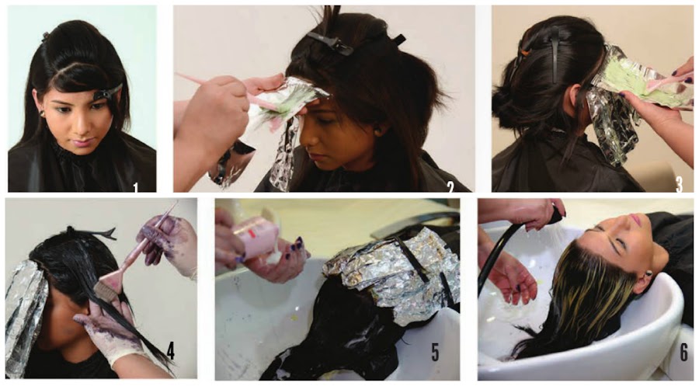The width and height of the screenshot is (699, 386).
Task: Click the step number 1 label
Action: pyautogui.click(x=135, y=186)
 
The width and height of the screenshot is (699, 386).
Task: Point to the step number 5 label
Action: pyautogui.click(x=435, y=352)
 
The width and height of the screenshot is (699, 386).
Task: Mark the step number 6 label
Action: pyautogui.click(x=683, y=352)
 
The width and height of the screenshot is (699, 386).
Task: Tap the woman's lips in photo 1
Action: pyautogui.click(x=82, y=143)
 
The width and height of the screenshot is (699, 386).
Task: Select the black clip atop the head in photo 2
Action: pyautogui.click(x=330, y=43)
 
